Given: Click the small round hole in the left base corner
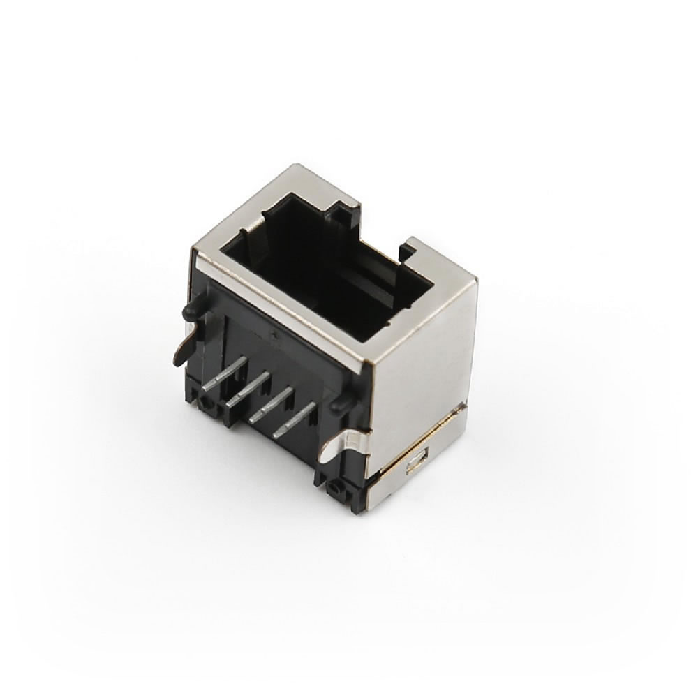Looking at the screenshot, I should pyautogui.click(x=205, y=403).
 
